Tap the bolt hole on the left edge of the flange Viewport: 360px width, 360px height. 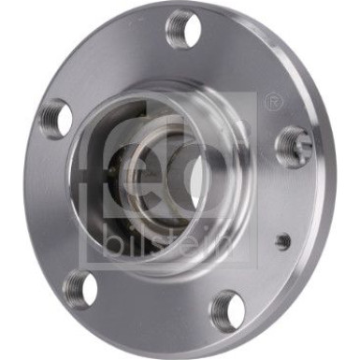coord(55,120)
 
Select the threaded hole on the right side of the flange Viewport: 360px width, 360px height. coord(295,143)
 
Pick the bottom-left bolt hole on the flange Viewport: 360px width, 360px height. coord(80,288)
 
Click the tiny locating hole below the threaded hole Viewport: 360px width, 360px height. coord(283,240)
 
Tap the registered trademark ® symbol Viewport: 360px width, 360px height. coord(274,98)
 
